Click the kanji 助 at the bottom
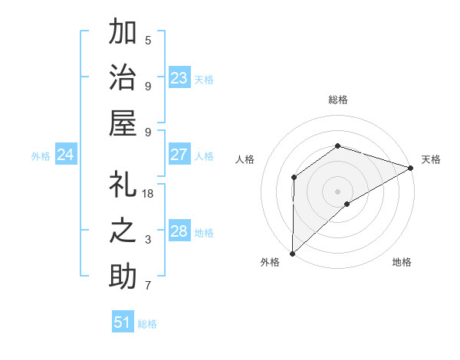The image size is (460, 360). point(123,276)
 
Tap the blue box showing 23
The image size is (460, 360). point(179,78)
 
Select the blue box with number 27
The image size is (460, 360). point(179,155)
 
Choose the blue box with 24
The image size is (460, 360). point(66,155)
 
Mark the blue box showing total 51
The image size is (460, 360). point(122,322)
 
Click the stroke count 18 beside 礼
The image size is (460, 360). point(149,194)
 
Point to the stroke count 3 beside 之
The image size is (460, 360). point(148,240)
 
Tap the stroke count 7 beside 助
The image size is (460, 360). point(148,286)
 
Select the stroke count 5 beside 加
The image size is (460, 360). point(148,41)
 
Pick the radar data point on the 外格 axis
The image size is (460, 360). point(292,254)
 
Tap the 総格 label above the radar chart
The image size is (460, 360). point(337,100)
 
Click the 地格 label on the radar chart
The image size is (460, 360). point(402,262)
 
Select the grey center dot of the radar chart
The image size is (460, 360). point(337,191)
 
